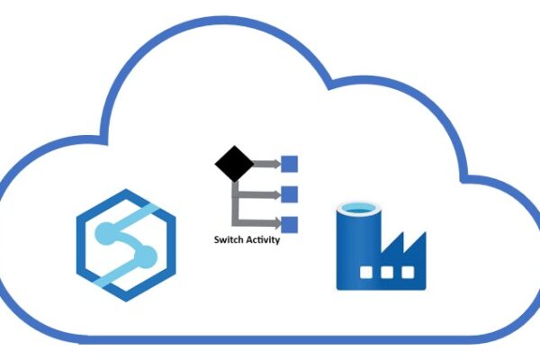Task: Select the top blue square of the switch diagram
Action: click(x=290, y=165)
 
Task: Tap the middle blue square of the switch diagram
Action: click(x=290, y=193)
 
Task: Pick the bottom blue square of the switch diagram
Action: click(x=290, y=223)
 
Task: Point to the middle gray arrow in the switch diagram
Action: click(x=261, y=193)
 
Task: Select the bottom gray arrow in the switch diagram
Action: click(x=261, y=223)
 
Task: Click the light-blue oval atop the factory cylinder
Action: click(x=357, y=208)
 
